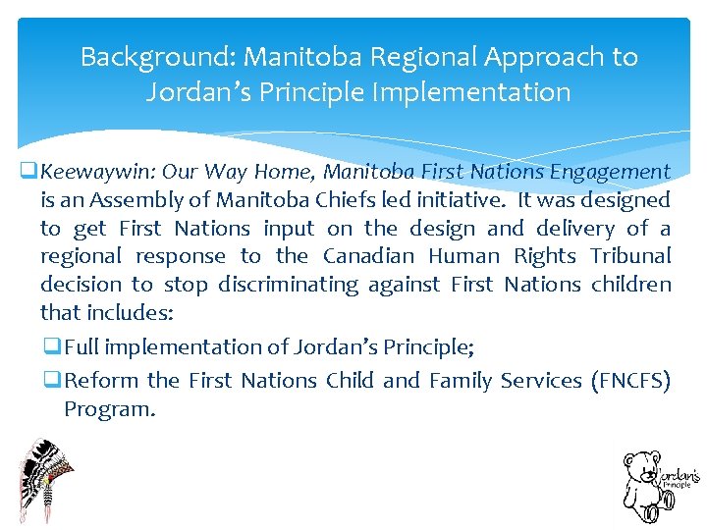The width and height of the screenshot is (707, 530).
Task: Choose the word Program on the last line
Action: click(x=109, y=409)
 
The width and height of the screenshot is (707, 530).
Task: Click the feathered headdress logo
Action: click(x=44, y=479)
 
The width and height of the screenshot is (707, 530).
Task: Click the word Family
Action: click(x=459, y=381)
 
